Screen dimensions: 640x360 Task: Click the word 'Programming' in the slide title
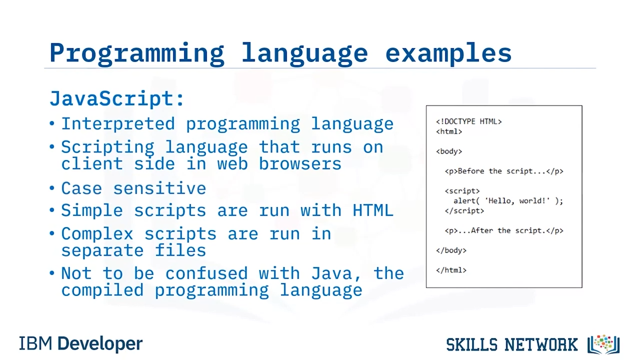click(x=137, y=53)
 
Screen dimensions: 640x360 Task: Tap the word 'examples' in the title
click(x=448, y=53)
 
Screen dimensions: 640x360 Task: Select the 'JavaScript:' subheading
click(x=116, y=99)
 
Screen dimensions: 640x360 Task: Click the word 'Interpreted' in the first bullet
click(x=118, y=124)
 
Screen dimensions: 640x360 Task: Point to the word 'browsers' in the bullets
click(x=300, y=164)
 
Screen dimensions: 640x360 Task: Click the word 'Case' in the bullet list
click(x=81, y=188)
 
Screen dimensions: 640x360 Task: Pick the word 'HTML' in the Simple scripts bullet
click(x=373, y=210)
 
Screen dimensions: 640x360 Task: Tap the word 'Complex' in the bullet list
click(x=97, y=233)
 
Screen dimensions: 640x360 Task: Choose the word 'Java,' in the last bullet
click(x=335, y=273)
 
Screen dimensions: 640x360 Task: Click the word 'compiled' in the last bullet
click(x=102, y=290)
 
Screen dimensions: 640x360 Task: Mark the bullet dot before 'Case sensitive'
click(x=51, y=188)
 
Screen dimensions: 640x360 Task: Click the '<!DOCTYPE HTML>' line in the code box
click(x=469, y=121)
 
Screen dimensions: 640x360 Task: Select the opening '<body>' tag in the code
click(x=449, y=151)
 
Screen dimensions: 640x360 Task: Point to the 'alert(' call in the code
click(x=466, y=201)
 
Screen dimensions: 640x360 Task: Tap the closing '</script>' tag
click(x=464, y=211)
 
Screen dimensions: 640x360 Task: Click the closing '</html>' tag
click(x=451, y=270)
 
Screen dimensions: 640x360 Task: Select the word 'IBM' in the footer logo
click(x=35, y=343)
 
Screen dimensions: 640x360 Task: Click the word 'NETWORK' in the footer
click(x=541, y=344)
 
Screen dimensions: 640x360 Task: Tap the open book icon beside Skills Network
click(x=603, y=344)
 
